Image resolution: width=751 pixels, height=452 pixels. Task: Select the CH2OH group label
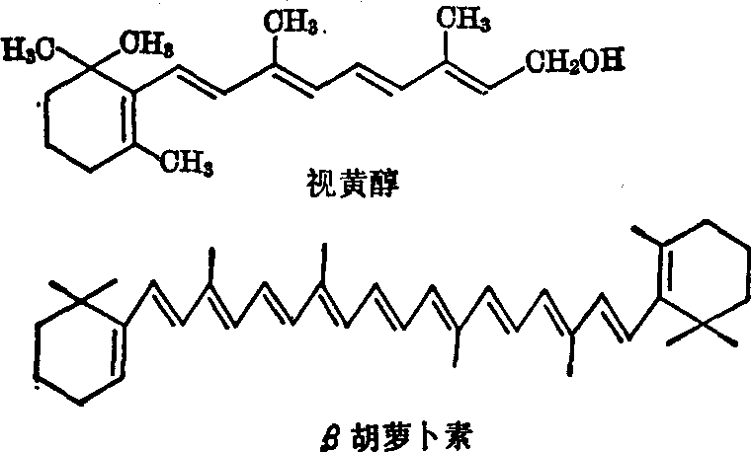[x=575, y=62]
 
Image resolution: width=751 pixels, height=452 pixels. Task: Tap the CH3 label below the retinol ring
[x=187, y=163]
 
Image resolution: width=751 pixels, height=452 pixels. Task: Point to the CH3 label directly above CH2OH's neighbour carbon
[x=463, y=19]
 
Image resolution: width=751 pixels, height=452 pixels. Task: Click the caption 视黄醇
[x=353, y=184]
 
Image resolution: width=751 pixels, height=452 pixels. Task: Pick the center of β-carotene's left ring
[x=79, y=351]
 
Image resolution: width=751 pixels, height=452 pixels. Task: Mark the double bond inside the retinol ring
[x=128, y=117]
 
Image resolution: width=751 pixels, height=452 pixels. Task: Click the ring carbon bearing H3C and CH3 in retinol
[x=90, y=69]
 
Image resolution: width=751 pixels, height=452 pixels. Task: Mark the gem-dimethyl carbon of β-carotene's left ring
[x=81, y=301]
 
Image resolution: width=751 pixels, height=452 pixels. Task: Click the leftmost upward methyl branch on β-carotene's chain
[x=210, y=265]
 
